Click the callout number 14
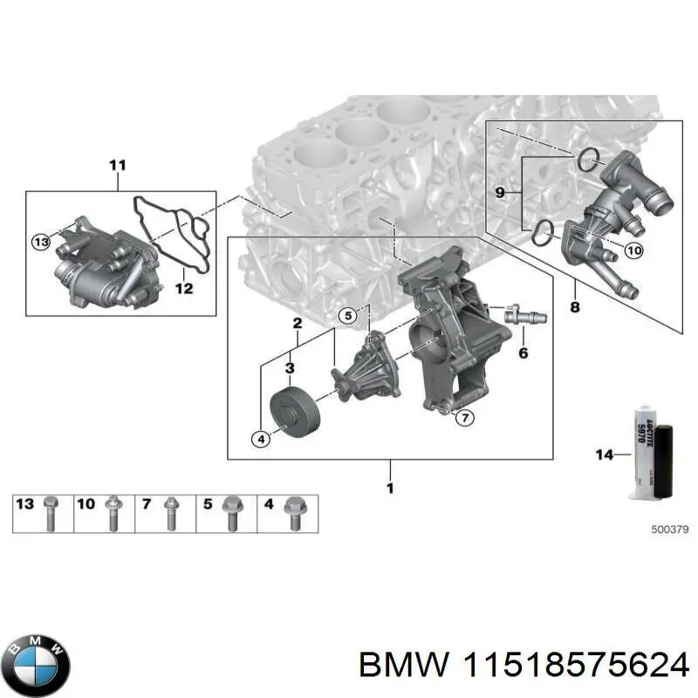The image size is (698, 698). (x=605, y=454)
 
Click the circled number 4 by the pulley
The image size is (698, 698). (x=259, y=440)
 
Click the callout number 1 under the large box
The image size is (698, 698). (x=389, y=488)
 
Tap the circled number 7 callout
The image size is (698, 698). (x=464, y=418)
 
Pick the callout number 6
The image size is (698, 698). (x=523, y=353)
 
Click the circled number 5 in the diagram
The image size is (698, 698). (x=348, y=315)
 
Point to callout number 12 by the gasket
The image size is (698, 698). (x=183, y=288)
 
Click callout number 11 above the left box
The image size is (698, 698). (x=118, y=164)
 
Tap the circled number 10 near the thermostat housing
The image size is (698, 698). (x=633, y=250)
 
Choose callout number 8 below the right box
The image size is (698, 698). (x=574, y=306)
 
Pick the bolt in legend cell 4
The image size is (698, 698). (x=292, y=513)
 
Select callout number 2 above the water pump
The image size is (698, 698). (x=297, y=324)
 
